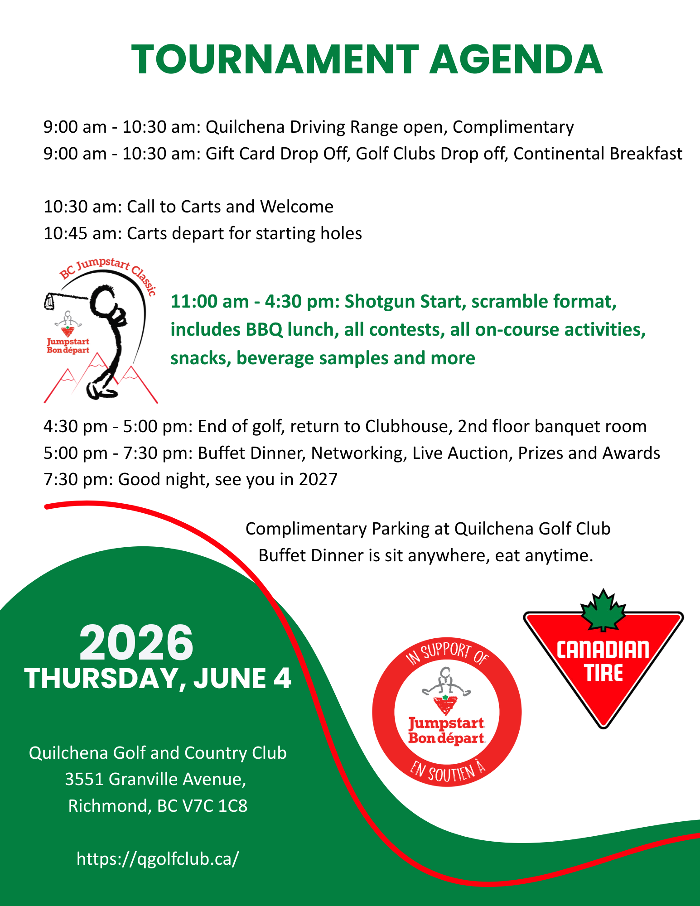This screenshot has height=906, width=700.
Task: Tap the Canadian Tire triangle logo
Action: pos(603,666)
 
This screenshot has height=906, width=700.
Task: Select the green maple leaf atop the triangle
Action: pos(603,609)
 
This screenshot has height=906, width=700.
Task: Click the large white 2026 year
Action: pos(136,643)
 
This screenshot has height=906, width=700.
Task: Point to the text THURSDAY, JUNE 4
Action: pos(157,679)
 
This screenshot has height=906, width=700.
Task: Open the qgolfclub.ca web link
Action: pos(157,858)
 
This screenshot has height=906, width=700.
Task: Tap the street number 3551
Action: pos(84,779)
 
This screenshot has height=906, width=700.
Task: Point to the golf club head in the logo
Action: pos(50,301)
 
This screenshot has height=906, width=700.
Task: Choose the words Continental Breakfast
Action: pos(598,154)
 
